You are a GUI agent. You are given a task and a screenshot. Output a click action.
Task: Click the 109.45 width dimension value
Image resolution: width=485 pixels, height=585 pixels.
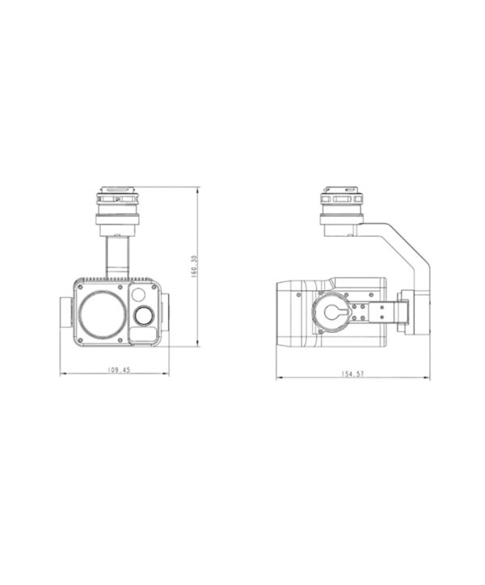(119, 370)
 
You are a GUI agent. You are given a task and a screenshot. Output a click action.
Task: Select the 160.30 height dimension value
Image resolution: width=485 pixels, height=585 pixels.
(193, 267)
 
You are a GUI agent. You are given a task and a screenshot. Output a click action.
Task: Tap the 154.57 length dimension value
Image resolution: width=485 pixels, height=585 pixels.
(352, 373)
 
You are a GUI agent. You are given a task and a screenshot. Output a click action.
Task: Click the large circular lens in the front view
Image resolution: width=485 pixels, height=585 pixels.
(103, 315)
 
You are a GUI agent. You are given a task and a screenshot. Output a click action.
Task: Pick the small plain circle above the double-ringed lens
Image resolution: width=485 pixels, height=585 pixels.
(138, 295)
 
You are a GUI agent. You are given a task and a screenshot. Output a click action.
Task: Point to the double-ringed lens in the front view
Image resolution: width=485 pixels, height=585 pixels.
(143, 315)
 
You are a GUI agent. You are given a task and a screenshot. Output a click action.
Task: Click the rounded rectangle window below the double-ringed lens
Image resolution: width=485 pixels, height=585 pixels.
(142, 335)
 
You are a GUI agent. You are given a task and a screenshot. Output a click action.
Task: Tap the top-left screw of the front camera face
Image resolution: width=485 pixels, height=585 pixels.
(80, 287)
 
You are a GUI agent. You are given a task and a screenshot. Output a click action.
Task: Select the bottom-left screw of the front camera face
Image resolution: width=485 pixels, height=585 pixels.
(80, 340)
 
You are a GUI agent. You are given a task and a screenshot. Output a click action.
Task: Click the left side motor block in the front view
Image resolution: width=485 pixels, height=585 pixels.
(65, 312)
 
